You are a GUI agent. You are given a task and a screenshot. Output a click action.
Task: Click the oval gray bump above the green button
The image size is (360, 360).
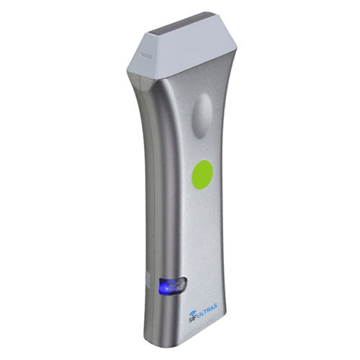pos(202,115)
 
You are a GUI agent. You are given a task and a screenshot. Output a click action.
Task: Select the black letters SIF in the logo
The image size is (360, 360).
pos(192,319)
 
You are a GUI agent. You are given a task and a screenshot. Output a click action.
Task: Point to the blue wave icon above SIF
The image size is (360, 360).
pos(193,313)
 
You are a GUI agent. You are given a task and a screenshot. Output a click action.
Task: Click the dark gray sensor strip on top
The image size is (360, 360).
pos(181,23)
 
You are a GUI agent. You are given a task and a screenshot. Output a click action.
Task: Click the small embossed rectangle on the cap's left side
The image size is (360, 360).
pos(145,55)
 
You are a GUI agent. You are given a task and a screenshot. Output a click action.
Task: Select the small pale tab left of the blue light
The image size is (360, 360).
pos(148,280)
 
